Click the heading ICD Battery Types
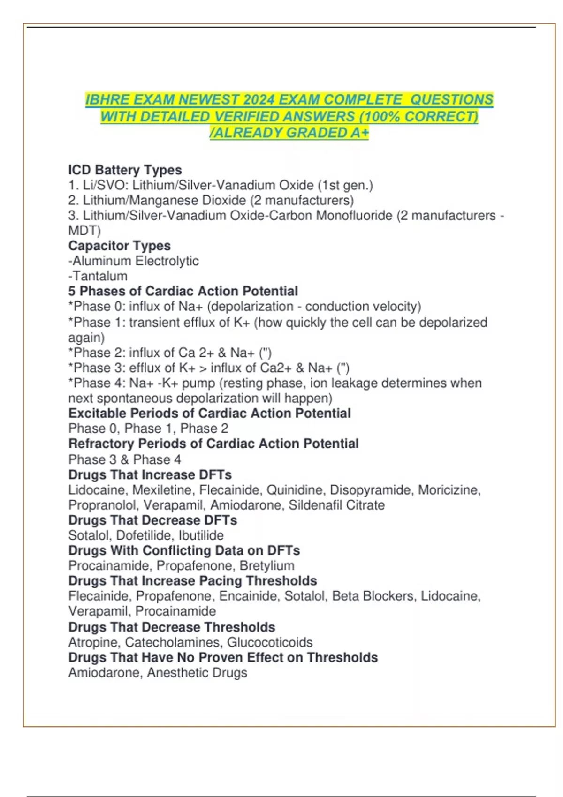pos(125,170)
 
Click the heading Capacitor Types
pos(119,246)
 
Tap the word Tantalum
pos(100,276)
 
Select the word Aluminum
pos(101,261)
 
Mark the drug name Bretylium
pos(267,565)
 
